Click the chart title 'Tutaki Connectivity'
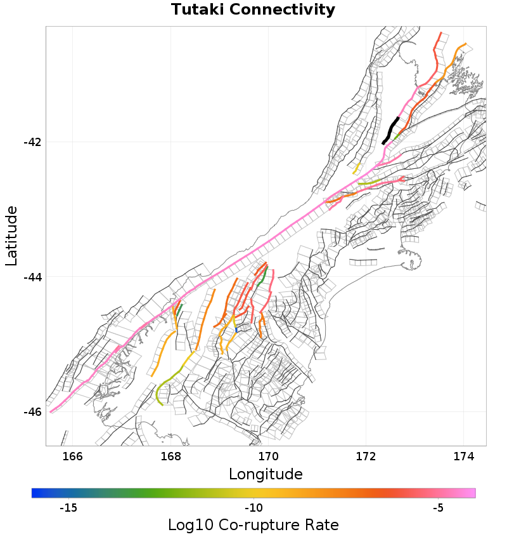pos(253,10)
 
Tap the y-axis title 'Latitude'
pos(11,236)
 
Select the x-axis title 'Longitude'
pos(266,474)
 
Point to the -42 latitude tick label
pos(32,142)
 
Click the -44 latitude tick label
pos(32,277)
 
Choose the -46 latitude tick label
pos(32,411)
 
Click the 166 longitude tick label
pos(73,456)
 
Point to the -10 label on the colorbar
pos(253,508)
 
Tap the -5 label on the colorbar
pos(438,508)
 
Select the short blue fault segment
pos(236,329)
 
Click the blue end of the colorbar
pos(35,493)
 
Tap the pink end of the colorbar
pos(472,493)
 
